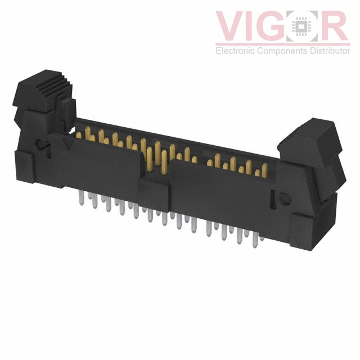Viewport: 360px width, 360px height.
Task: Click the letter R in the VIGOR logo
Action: click(332, 26)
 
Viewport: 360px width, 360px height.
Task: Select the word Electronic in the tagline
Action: click(235, 50)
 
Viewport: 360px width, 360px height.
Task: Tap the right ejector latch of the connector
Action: click(312, 159)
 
